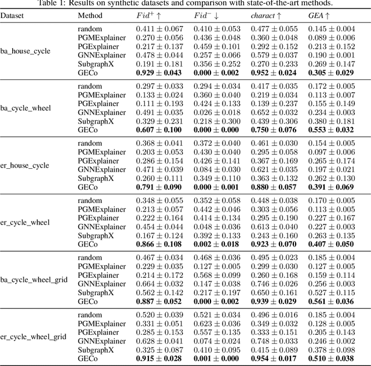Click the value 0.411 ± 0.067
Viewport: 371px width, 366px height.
tap(159, 28)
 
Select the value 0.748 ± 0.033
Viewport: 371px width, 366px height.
tap(274, 342)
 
